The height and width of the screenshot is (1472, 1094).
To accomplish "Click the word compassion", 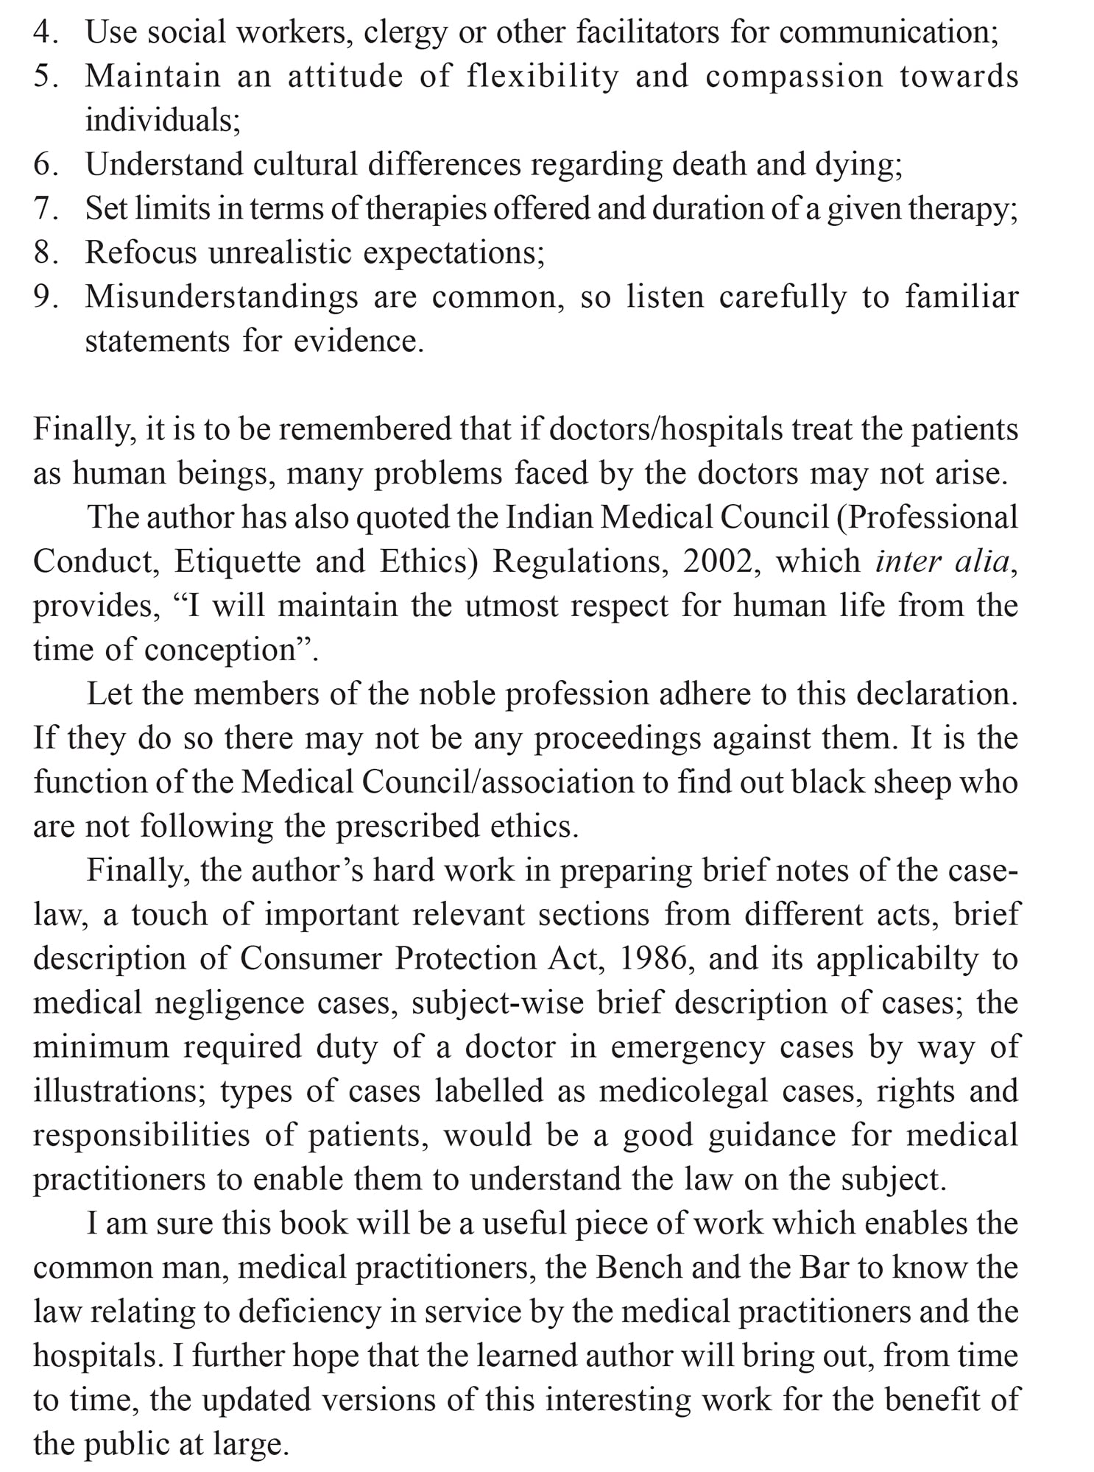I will pyautogui.click(x=794, y=77).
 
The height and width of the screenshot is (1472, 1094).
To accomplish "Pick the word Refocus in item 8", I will pyautogui.click(x=141, y=253).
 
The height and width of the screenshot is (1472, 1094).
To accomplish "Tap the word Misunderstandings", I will pyautogui.click(x=220, y=297).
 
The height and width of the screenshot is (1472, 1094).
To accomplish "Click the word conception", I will pyautogui.click(x=219, y=651).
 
